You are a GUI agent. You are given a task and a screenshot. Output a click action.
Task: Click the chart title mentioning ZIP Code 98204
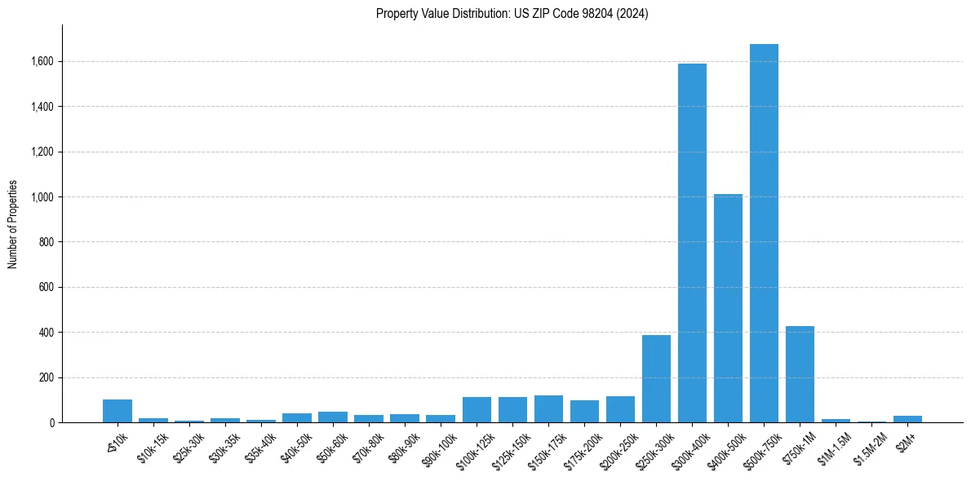[x=512, y=14]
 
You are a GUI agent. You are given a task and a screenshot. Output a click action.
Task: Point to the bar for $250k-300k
[x=656, y=378]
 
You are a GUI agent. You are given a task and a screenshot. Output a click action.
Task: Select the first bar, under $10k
[x=117, y=411]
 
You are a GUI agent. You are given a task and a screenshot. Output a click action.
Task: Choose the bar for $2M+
[x=907, y=419]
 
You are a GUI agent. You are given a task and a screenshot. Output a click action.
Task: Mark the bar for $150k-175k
[x=548, y=409]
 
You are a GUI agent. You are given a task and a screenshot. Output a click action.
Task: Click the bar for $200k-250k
[x=620, y=409]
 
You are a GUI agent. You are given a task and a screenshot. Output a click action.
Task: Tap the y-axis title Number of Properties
[x=13, y=224]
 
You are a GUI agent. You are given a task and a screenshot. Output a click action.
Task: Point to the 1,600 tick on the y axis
[x=42, y=61]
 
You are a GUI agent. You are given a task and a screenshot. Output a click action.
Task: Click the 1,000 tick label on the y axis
[x=42, y=197]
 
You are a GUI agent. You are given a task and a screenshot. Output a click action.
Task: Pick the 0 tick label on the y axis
[x=52, y=423]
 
